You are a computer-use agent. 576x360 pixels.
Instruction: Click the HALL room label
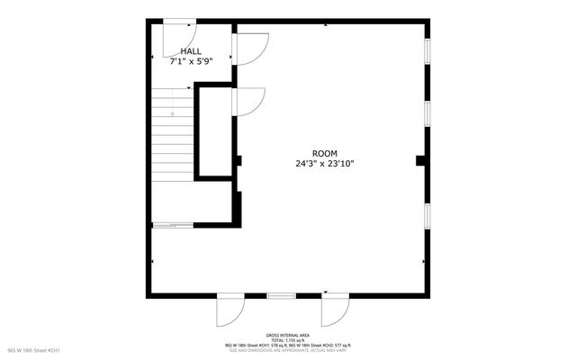pos(191,51)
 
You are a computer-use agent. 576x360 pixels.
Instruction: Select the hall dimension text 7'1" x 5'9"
pos(191,62)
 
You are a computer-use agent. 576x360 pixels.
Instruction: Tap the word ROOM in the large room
pos(324,153)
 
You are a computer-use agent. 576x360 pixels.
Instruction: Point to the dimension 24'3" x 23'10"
pos(324,164)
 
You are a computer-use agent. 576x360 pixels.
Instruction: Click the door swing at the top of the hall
pos(176,33)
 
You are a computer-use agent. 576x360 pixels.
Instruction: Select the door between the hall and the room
pos(249,47)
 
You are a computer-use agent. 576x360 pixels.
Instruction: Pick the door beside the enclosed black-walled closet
pos(248,100)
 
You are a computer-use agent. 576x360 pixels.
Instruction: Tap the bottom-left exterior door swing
pos(229,311)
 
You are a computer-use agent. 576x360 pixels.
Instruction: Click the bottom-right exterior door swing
pos(335,311)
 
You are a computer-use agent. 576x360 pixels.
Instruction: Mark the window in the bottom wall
pos(281,295)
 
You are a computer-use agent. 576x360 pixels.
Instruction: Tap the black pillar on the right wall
pos(420,160)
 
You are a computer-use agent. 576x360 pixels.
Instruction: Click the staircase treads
pos(171,135)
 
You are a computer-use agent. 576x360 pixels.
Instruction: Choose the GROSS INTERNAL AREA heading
pos(288,333)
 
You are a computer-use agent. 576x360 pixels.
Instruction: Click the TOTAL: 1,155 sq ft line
pos(288,338)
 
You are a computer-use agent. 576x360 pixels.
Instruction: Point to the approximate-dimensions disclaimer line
pos(288,349)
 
